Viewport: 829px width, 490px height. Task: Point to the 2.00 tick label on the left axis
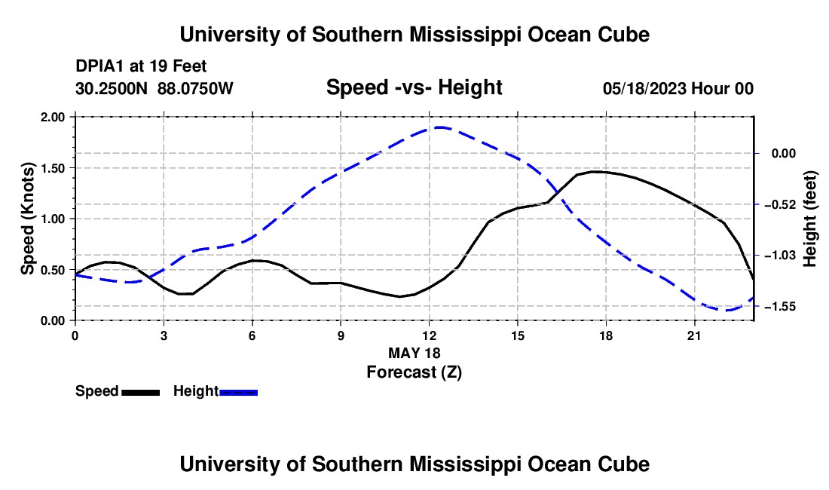52,117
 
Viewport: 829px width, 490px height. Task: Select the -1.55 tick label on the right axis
784,307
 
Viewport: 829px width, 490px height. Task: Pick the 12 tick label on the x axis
430,335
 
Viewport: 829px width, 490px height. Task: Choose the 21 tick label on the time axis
694,335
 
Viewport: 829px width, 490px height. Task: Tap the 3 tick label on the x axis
164,335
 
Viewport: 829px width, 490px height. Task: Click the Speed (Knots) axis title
27,219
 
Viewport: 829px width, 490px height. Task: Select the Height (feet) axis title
809,219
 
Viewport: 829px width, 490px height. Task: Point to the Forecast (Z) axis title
414,372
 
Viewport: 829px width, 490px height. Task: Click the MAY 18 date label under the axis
414,353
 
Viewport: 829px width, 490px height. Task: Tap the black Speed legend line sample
141,392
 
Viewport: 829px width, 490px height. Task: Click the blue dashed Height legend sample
238,392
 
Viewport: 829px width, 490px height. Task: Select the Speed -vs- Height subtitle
414,87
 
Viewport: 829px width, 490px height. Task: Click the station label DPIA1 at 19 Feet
141,66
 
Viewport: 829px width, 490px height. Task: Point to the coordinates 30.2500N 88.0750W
154,88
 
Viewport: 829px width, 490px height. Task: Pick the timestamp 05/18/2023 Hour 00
678,88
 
